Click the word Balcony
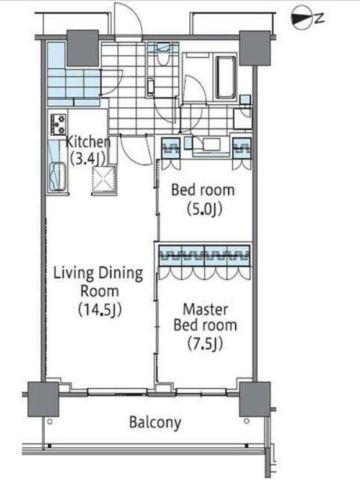(x=155, y=423)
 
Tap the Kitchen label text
(x=88, y=142)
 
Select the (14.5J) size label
(x=99, y=310)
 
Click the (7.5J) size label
(x=205, y=344)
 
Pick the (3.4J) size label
(x=88, y=159)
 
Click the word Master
(x=205, y=309)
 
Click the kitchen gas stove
(x=58, y=124)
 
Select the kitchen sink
(x=58, y=177)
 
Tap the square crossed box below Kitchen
(x=104, y=180)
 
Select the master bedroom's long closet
(x=204, y=256)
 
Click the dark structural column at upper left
(x=83, y=48)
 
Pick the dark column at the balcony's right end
(x=254, y=399)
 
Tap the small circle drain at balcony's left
(x=50, y=422)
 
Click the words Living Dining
(x=98, y=273)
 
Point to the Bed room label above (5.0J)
(x=203, y=190)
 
